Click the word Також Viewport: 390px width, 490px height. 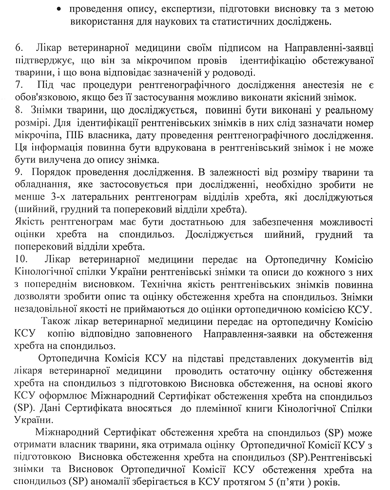point(56,322)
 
